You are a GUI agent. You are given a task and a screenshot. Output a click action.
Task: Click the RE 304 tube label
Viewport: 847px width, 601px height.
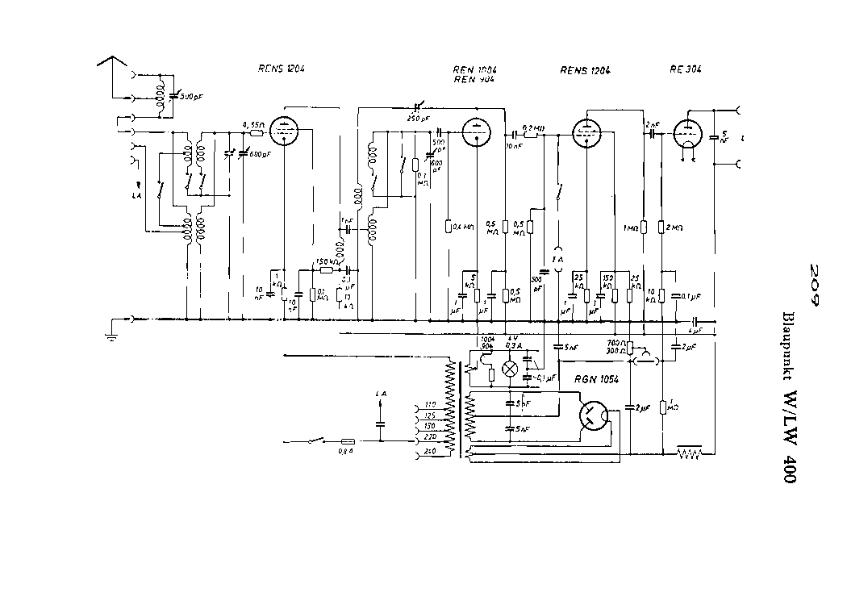(685, 69)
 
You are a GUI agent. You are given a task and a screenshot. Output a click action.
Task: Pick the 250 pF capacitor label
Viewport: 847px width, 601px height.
(419, 118)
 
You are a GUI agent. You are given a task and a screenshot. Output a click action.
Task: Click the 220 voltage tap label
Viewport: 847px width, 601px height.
(429, 436)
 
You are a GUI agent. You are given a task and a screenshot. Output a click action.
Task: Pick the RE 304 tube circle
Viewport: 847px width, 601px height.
(687, 133)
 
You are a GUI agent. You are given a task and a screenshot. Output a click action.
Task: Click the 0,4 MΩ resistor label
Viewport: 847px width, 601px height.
(463, 226)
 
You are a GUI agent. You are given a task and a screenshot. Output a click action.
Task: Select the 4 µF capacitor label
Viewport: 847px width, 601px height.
(695, 331)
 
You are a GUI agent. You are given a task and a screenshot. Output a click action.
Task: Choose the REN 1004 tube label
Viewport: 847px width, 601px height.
(474, 69)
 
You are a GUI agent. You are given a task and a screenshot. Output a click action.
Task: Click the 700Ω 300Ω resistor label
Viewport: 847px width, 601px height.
(616, 348)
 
